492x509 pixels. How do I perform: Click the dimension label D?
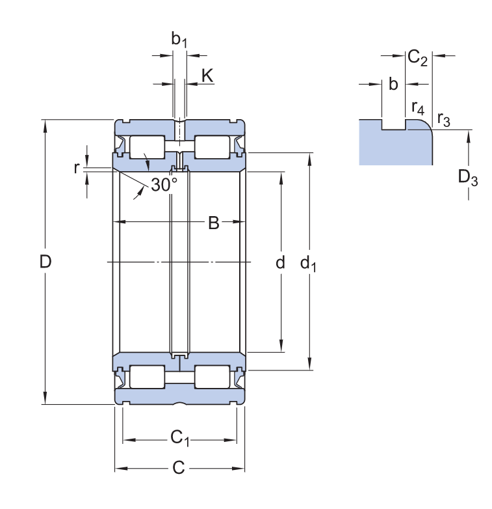point(45,262)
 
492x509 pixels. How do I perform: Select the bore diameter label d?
point(280,263)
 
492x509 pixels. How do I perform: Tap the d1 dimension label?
point(308,263)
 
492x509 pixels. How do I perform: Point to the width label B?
point(213,224)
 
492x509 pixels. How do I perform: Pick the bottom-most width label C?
point(179,468)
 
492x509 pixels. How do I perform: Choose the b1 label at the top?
point(179,40)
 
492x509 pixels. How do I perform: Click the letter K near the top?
point(207,76)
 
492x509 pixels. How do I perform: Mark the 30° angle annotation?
point(164,185)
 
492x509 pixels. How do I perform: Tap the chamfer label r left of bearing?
point(76,167)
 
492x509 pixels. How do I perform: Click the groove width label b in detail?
point(393,84)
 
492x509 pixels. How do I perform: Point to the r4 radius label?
point(418,106)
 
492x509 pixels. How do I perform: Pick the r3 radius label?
point(443,118)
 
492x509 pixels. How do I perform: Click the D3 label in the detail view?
point(467,176)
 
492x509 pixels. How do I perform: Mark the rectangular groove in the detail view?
point(393,124)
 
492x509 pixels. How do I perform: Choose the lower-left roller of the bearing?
point(147,378)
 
